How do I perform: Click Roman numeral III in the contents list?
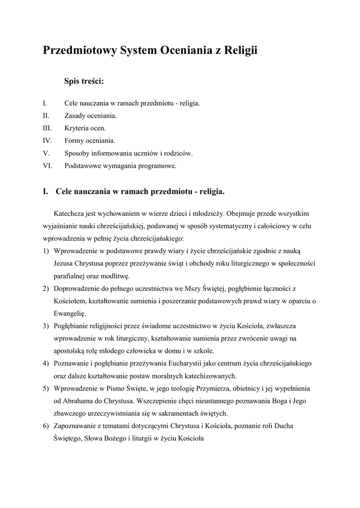coord(47,128)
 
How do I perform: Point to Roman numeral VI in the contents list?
coord(48,166)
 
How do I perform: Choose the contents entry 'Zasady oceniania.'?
coord(91,116)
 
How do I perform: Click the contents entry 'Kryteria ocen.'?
coord(85,128)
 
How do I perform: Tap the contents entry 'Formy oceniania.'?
coord(90,140)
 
